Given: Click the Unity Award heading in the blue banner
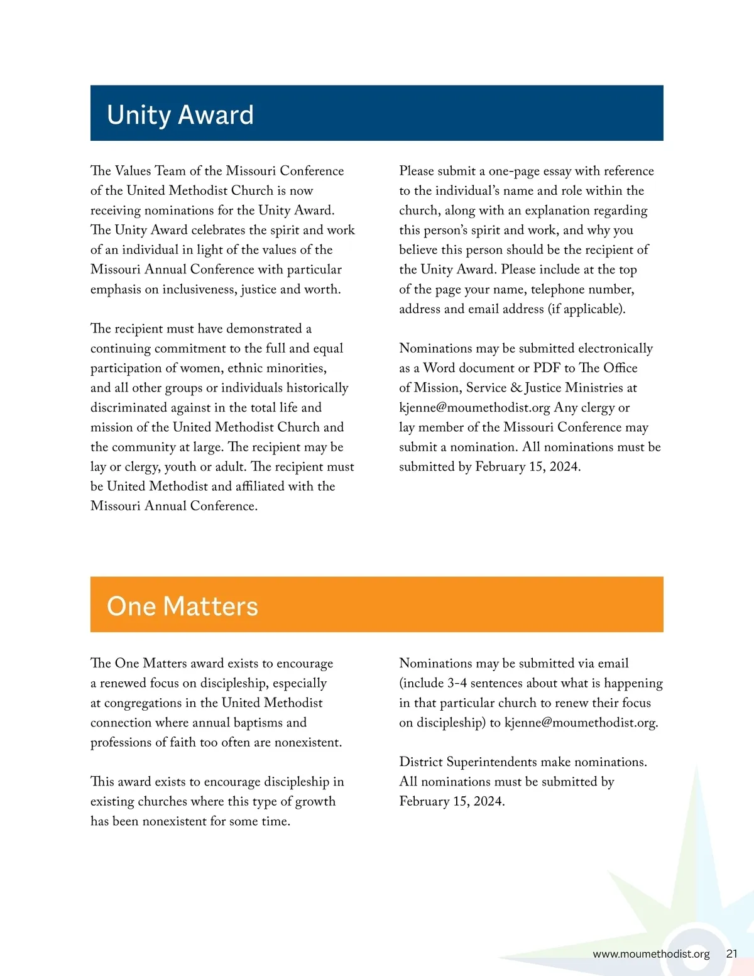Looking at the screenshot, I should [180, 115].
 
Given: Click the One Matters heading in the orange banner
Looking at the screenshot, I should [182, 606].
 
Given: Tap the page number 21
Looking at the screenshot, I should [731, 953].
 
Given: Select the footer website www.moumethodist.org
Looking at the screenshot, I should [651, 953].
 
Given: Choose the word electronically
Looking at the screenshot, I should [615, 348].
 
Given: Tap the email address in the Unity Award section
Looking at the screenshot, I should [474, 407].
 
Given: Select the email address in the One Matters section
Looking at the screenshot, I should [581, 722].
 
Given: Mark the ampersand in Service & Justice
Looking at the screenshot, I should [516, 388].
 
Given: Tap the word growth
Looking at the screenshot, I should [314, 801].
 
